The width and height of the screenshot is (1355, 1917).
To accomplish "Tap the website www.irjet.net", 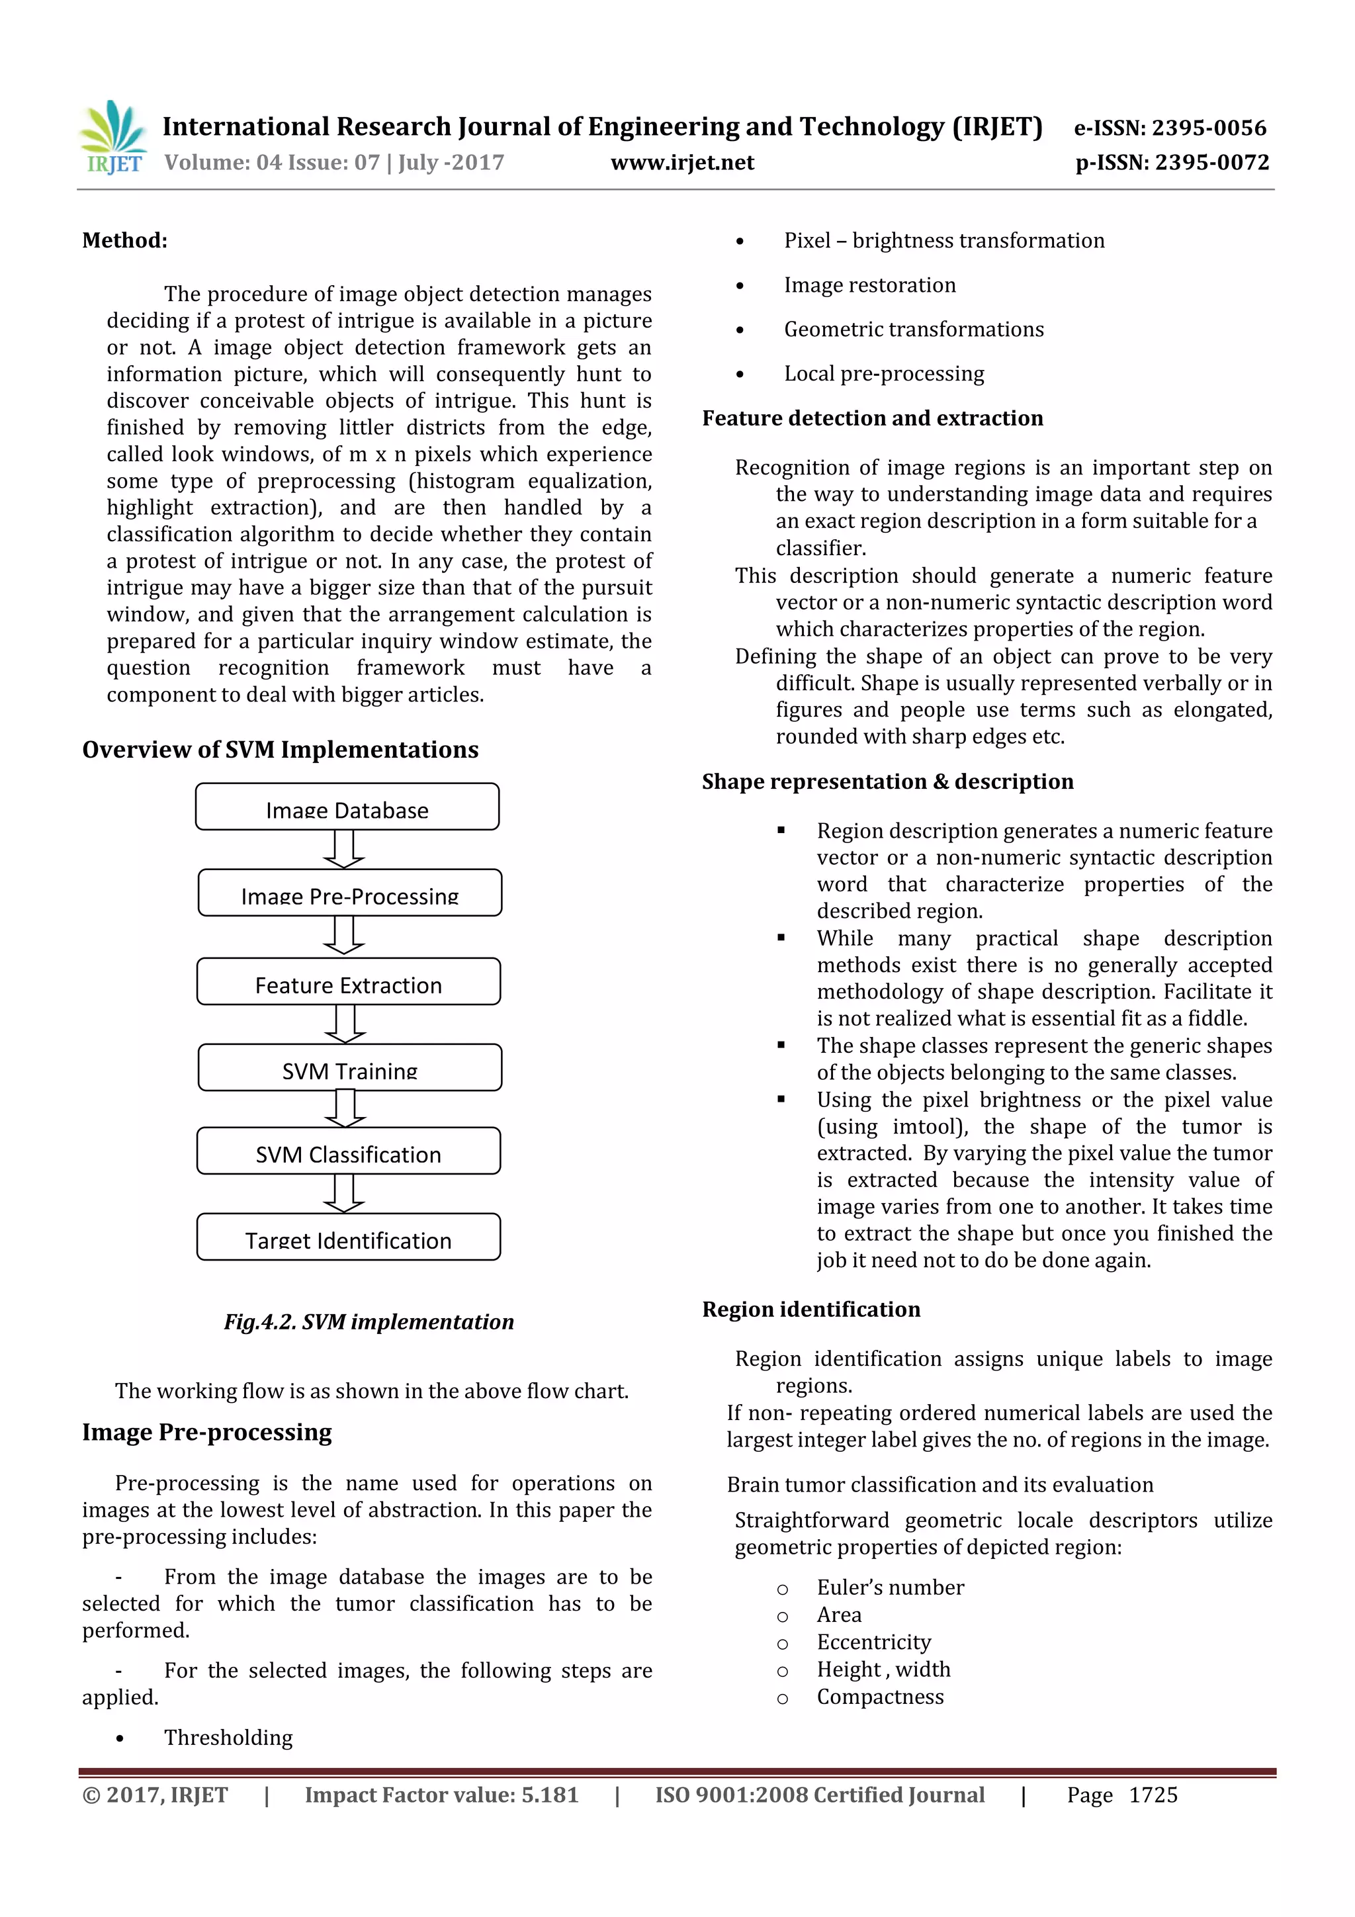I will pyautogui.click(x=682, y=163).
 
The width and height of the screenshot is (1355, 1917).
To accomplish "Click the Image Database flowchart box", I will pyautogui.click(x=347, y=807).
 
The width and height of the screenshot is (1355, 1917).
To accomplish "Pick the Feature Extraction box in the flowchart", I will pyautogui.click(x=348, y=982).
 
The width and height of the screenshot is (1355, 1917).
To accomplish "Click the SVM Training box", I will pyautogui.click(x=350, y=1068).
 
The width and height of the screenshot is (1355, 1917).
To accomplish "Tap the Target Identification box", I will pyautogui.click(x=348, y=1237).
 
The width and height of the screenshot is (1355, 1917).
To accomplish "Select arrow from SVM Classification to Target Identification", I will pyautogui.click(x=344, y=1194).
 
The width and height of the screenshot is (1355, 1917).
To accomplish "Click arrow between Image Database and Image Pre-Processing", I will pyautogui.click(x=344, y=850).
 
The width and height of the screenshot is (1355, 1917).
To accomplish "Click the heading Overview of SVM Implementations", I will pyautogui.click(x=281, y=750).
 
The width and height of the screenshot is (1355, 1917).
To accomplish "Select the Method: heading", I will pyautogui.click(x=124, y=240).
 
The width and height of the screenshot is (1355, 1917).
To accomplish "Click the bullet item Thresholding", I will pyautogui.click(x=228, y=1738).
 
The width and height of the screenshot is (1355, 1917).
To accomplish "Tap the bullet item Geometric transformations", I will pyautogui.click(x=913, y=330).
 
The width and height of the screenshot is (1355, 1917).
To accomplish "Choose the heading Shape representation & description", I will pyautogui.click(x=887, y=781).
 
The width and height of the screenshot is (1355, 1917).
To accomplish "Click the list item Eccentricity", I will pyautogui.click(x=873, y=1642).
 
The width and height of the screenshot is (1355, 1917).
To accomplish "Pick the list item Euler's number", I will pyautogui.click(x=890, y=1587).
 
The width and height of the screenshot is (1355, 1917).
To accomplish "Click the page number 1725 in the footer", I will pyautogui.click(x=1153, y=1795).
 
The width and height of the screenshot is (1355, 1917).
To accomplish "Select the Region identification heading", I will pyautogui.click(x=810, y=1309).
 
